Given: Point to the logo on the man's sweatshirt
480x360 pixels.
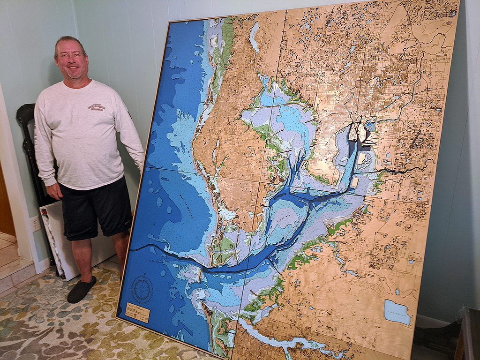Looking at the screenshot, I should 96,107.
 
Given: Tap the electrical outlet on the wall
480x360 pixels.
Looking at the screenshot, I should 36,224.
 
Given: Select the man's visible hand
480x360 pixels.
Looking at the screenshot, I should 54,190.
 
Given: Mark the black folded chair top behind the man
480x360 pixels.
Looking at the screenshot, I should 26,112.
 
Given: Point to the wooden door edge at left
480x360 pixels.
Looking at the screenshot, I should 6,202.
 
